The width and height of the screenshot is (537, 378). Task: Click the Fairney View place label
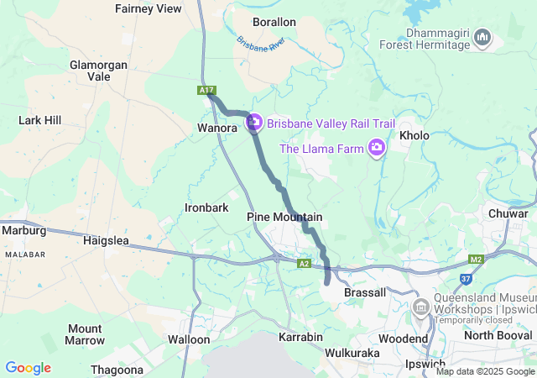click(148, 8)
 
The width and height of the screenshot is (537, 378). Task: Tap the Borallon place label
click(274, 22)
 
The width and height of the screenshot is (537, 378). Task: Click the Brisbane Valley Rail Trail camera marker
click(254, 123)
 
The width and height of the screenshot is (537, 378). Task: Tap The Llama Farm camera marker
click(377, 149)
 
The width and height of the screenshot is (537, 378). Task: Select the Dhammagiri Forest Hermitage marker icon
click(482, 38)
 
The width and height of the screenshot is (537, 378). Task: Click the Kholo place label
click(414, 135)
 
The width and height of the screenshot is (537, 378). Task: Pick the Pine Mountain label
click(284, 217)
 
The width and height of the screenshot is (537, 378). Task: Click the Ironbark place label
click(206, 207)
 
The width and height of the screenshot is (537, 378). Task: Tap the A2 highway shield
click(304, 264)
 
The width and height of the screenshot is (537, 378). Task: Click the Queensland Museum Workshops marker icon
click(420, 311)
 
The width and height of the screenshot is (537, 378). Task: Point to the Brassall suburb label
click(365, 292)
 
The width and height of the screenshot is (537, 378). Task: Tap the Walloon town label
click(189, 339)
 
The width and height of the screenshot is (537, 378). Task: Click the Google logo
click(28, 368)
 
